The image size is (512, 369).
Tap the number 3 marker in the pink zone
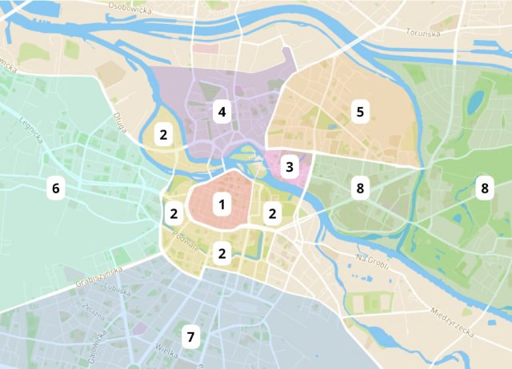tap(290, 168)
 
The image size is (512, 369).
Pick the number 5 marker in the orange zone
tap(360, 112)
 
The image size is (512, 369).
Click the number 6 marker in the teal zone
tap(55, 188)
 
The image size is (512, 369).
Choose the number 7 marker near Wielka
tap(190, 337)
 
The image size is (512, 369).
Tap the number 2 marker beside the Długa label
tap(163, 134)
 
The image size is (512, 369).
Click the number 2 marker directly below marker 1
tap(222, 254)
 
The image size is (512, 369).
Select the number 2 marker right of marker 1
tap(273, 213)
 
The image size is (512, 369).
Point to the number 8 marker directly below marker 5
tap(360, 188)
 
